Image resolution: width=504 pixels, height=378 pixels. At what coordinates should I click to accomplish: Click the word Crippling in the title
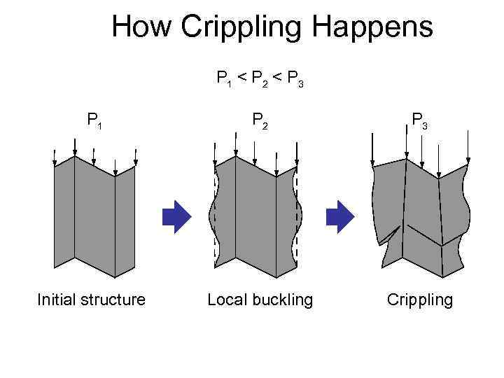[240, 29]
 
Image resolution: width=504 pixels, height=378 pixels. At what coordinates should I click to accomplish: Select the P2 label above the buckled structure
[260, 121]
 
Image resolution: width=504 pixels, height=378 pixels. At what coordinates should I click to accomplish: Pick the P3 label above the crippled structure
[420, 121]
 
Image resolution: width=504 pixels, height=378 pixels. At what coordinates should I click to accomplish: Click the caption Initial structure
[91, 300]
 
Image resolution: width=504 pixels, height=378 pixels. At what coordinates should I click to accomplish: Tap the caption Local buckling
[260, 300]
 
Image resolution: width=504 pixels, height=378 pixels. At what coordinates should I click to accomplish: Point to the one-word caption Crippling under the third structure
[420, 300]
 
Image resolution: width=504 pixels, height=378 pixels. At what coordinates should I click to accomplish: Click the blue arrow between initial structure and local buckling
[176, 217]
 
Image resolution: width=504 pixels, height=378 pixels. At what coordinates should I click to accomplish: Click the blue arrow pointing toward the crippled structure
[342, 217]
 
